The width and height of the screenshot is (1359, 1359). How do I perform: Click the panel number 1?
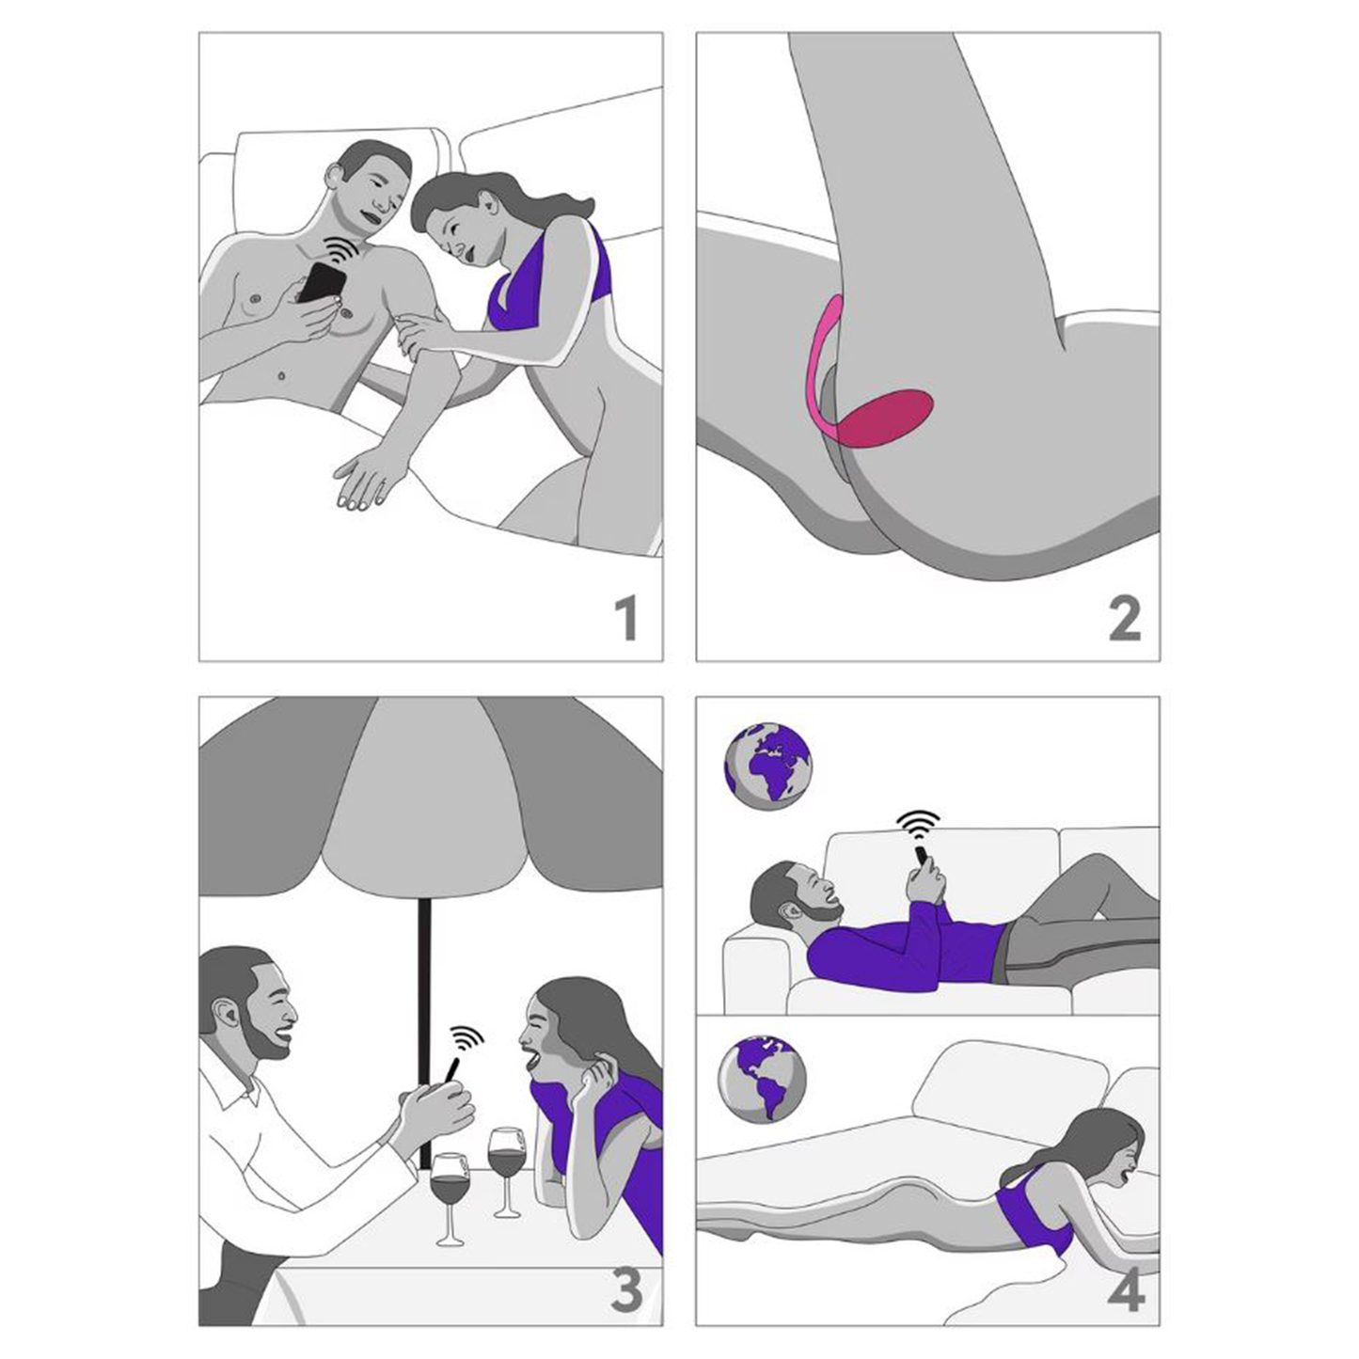(x=625, y=618)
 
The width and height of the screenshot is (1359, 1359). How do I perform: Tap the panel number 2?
(x=1124, y=618)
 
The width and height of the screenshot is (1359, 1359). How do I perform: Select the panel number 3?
(x=626, y=1289)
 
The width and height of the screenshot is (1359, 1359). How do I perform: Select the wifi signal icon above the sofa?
(x=919, y=825)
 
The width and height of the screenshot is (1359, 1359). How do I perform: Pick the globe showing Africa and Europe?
(x=768, y=766)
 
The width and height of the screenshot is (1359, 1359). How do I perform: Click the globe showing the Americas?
(x=762, y=1078)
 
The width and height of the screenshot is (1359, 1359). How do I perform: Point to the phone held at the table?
(x=450, y=1072)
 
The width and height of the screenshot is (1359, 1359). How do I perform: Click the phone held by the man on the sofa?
(x=922, y=858)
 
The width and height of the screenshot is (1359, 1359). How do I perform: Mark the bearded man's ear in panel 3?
(x=226, y=1017)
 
